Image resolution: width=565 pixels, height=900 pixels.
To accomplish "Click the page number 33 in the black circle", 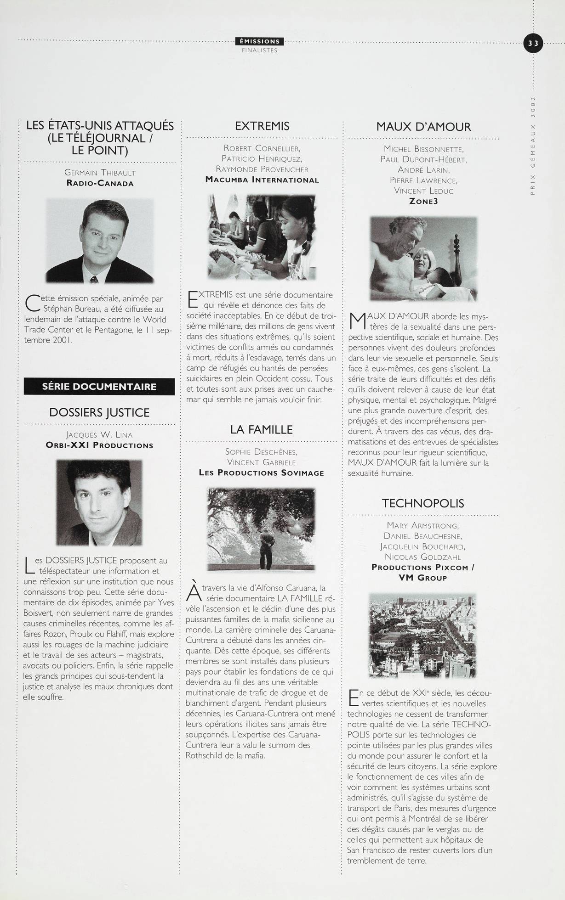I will pos(533,44).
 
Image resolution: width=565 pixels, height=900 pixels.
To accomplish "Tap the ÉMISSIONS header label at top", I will pos(260,42).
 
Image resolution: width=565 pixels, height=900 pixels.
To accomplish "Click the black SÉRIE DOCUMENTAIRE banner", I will pos(99,387).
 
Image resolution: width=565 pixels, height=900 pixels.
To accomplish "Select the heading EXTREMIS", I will pos(262,126).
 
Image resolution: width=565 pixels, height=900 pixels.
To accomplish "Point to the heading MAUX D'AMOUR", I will pos(423,127).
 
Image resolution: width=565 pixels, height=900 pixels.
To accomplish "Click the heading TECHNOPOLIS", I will pos(423,503).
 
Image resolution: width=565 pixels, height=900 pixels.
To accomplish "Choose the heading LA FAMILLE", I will pos(261,430).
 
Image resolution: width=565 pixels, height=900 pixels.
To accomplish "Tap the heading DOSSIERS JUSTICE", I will pos(99,412).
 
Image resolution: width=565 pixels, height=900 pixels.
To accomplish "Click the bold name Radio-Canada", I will pos(100,183).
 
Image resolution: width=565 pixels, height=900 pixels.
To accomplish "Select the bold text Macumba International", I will pos(262,180).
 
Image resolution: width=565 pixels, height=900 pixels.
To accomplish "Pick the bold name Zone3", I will pos(423,201).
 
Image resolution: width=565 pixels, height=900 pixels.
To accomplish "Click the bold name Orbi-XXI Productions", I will pos(99,445).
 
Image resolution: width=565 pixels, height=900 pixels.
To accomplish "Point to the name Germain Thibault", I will pos(100,173).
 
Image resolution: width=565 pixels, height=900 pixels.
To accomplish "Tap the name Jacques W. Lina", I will pos(99,434).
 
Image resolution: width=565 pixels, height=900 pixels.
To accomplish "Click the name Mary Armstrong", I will pos(423,525).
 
